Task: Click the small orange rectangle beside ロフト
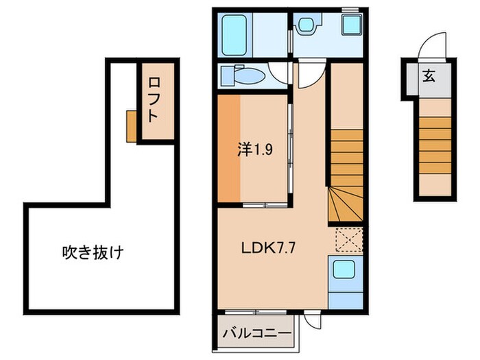[x=131, y=125]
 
